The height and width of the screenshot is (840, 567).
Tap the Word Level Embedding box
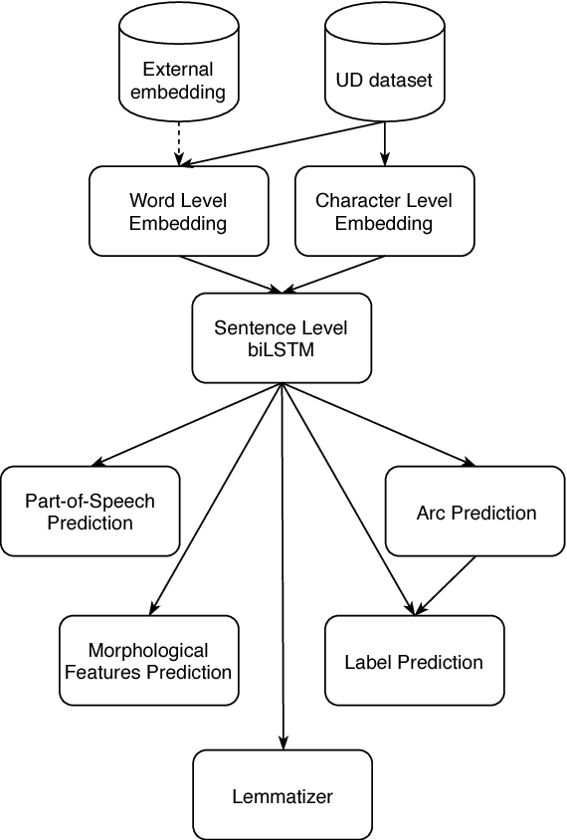point(179,211)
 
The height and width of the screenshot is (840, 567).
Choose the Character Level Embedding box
point(384,211)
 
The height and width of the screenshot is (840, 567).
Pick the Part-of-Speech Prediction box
point(91,511)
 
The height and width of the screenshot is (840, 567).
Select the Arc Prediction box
point(475,513)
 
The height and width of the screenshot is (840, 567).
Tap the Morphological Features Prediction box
point(148,661)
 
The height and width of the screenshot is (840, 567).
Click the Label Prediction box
point(414,661)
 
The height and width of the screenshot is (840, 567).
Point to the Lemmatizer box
point(283,795)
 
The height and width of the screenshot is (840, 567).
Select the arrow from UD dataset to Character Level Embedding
point(384,143)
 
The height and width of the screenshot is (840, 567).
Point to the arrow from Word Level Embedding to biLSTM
point(231,274)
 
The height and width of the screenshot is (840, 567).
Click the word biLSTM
point(282,349)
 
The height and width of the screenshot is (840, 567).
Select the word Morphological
point(148,651)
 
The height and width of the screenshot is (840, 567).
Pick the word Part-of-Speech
point(91,501)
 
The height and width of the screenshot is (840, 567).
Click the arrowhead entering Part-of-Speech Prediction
point(98,462)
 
